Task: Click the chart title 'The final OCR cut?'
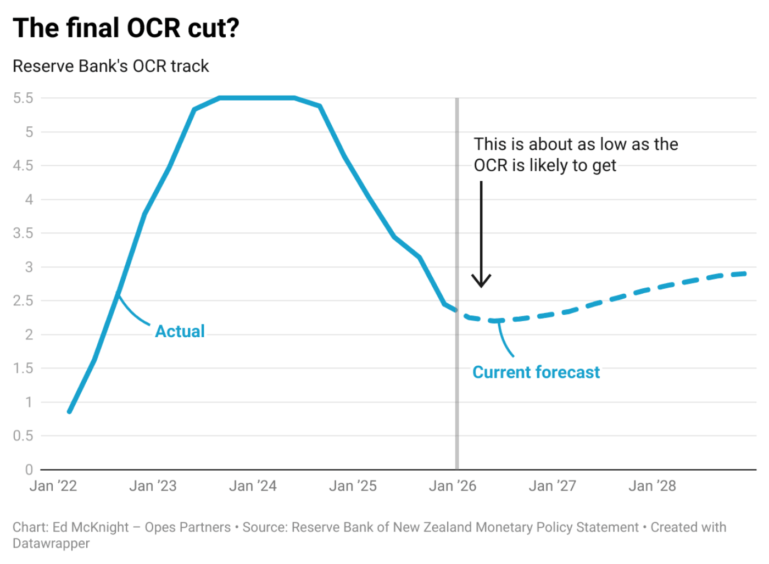click(126, 28)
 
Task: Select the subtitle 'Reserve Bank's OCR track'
click(110, 66)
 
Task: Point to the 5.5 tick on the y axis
click(23, 98)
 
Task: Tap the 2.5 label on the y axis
click(23, 301)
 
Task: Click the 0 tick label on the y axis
click(29, 470)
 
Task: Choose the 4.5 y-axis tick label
click(23, 166)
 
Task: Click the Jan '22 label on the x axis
click(53, 486)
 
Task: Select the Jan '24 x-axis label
click(253, 486)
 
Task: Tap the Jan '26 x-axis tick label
click(453, 486)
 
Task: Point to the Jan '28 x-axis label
click(652, 486)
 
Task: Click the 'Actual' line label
click(180, 331)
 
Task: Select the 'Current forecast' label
click(536, 372)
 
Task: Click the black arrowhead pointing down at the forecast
click(481, 282)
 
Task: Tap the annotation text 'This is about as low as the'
click(576, 144)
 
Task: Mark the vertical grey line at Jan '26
click(457, 384)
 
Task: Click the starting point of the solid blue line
click(70, 411)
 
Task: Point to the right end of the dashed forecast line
click(745, 273)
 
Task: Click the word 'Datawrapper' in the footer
click(51, 544)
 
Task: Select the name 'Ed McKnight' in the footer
click(91, 527)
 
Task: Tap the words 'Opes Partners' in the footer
click(188, 527)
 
